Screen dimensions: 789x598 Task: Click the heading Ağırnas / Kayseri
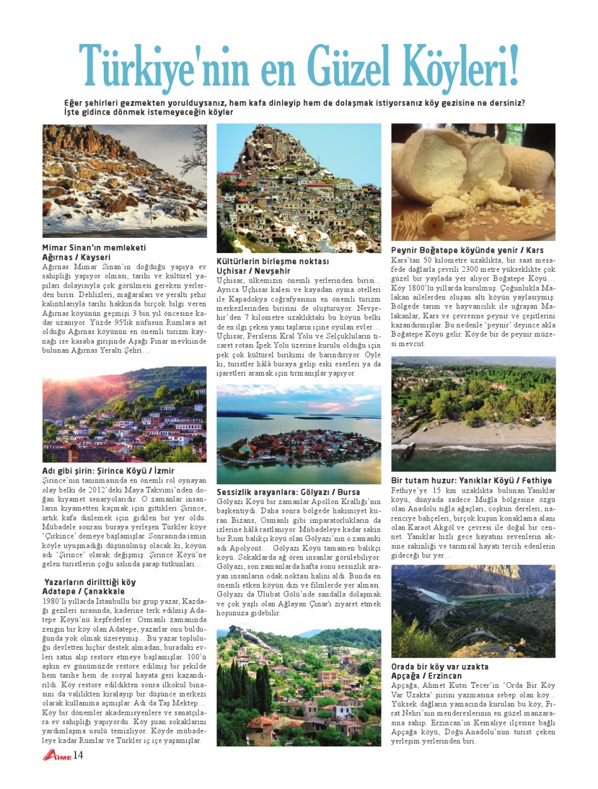coord(76,257)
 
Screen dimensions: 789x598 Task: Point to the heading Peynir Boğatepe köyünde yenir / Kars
coord(467,250)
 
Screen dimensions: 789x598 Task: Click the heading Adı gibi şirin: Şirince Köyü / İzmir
coord(108,471)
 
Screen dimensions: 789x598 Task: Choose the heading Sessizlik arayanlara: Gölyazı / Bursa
coord(288,491)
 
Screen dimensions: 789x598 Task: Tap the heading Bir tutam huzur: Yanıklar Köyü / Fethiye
coord(471,481)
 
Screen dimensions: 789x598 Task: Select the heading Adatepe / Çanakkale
coord(83,591)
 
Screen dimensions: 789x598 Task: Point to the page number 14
coord(78,755)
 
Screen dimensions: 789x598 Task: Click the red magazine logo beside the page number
coord(56,755)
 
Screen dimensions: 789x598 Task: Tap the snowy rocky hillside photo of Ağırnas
coord(125,181)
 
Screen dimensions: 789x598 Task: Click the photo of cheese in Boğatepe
coord(473,182)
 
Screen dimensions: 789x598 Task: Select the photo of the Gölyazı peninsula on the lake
coord(298,434)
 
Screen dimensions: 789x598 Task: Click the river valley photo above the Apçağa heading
coord(473,611)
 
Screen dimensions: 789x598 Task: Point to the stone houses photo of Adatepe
coord(298,687)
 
